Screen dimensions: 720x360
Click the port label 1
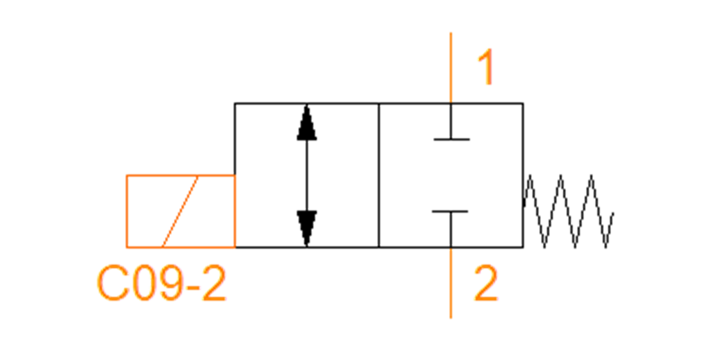point(486,67)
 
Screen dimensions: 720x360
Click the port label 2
point(486,283)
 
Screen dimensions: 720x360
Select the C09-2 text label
point(161,283)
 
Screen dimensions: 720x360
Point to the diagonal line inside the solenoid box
point(179,211)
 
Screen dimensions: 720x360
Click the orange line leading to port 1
point(451,67)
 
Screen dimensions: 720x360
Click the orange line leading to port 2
point(451,283)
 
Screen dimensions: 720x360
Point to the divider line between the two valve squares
point(379,175)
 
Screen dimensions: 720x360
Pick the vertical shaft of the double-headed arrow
point(307,175)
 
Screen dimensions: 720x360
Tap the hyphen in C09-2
point(193,286)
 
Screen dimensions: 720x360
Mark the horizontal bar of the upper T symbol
point(452,139)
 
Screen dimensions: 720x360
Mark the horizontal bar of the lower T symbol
point(450,211)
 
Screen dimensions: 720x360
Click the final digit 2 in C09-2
point(214,283)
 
